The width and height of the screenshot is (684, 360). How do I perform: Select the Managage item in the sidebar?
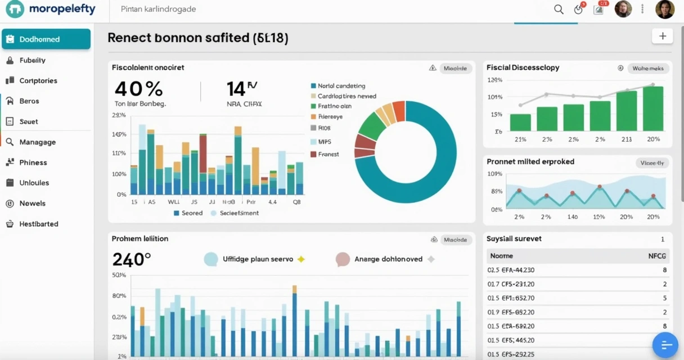[37, 142]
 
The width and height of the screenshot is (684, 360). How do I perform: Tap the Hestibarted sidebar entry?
[38, 224]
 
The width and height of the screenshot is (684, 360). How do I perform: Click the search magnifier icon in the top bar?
[559, 10]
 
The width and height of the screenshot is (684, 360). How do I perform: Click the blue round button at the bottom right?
[665, 345]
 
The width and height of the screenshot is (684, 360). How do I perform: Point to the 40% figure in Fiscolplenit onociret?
[138, 89]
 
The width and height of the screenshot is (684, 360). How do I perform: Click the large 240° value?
[132, 259]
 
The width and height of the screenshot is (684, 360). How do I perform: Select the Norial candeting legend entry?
[341, 86]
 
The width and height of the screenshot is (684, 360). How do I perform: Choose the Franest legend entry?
[328, 154]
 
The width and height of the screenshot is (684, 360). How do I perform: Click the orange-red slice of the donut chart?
[399, 111]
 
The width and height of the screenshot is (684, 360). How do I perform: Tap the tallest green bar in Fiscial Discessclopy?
[653, 108]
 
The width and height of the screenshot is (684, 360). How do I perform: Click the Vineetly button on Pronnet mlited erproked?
[652, 163]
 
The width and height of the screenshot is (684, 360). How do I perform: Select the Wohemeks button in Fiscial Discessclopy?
[647, 69]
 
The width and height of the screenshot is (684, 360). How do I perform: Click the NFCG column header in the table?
[657, 256]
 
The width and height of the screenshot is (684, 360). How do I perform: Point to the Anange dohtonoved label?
[388, 259]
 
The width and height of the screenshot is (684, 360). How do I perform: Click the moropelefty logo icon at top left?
[15, 10]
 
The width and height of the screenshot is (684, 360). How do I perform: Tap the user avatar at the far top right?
[664, 10]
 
